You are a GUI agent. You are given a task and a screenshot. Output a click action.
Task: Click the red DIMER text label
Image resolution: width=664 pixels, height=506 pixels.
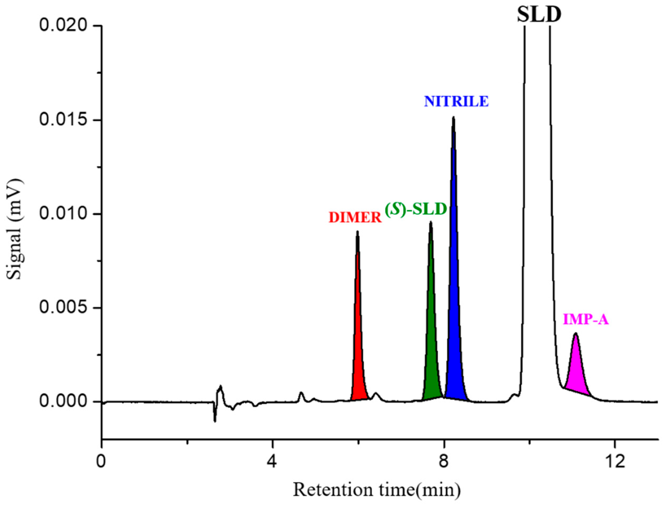pyautogui.click(x=355, y=218)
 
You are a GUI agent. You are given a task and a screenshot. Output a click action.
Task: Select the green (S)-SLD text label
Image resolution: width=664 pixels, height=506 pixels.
pyautogui.click(x=416, y=210)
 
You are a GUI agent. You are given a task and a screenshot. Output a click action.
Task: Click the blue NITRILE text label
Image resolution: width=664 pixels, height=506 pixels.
pyautogui.click(x=456, y=102)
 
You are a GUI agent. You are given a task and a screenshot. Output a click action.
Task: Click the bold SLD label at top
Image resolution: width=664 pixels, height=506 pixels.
pyautogui.click(x=539, y=15)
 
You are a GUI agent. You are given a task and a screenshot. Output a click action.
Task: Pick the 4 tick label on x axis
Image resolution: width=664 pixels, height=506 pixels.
pyautogui.click(x=272, y=462)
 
